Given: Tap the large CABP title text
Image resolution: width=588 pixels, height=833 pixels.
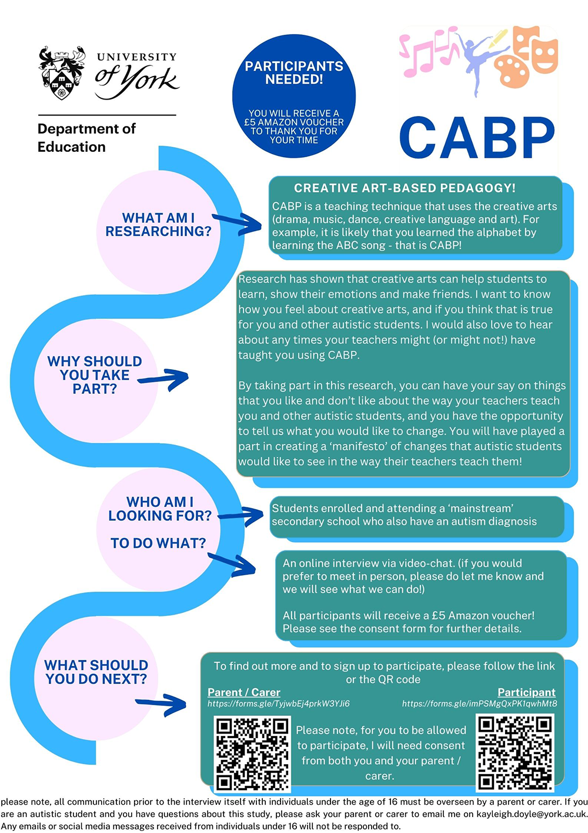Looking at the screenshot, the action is (x=477, y=138).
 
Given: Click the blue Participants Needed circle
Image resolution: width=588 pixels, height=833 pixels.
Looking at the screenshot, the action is (x=294, y=96).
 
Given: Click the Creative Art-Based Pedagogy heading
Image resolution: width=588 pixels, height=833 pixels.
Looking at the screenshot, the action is (x=405, y=188).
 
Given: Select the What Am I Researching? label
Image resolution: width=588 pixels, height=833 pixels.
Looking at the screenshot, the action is (x=158, y=225).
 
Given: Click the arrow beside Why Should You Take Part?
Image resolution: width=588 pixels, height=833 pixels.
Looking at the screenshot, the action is (x=163, y=379).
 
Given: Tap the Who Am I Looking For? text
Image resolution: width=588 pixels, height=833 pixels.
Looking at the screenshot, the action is (x=160, y=509).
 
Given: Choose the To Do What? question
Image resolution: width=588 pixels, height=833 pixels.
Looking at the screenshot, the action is (x=158, y=543).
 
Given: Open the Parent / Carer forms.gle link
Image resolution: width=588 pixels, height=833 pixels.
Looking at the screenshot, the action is (x=279, y=703).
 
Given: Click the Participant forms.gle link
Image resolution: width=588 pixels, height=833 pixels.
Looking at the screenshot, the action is (x=480, y=703).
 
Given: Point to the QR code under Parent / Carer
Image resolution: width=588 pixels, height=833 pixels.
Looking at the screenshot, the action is (x=252, y=754).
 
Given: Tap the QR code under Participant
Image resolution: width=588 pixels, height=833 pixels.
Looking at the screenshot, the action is (x=515, y=753).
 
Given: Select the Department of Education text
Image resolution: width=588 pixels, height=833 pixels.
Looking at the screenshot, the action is (x=86, y=138).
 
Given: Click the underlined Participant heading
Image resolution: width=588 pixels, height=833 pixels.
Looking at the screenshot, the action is (x=527, y=692).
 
